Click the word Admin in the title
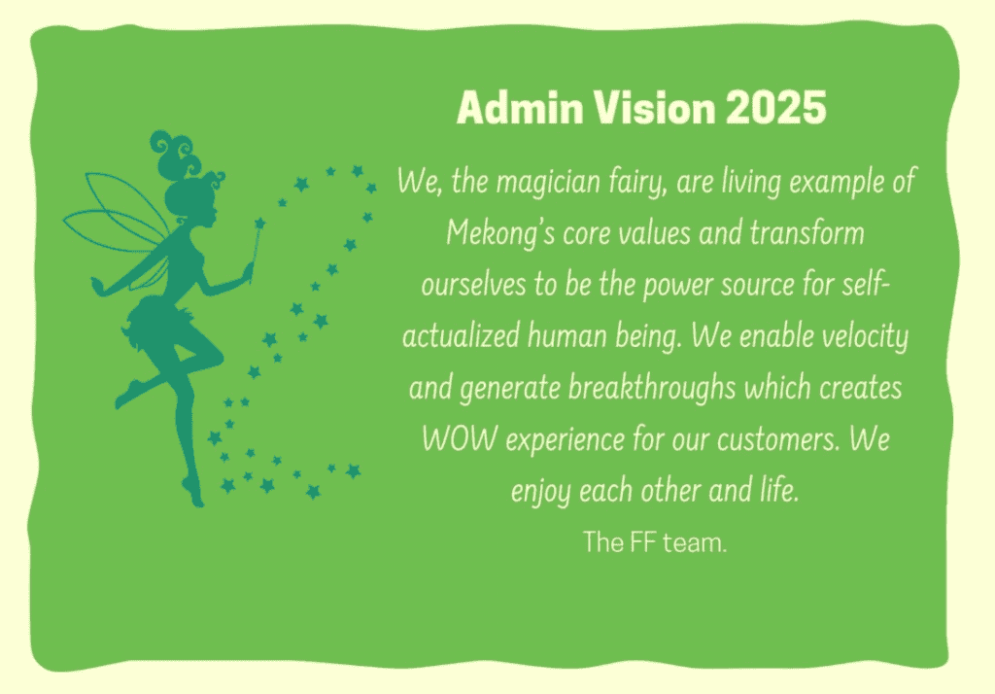pos(520,107)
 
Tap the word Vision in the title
pos(654,107)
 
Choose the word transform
pos(806,233)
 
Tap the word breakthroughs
pos(652,389)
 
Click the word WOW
pos(460,439)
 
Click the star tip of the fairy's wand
pos(260,224)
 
